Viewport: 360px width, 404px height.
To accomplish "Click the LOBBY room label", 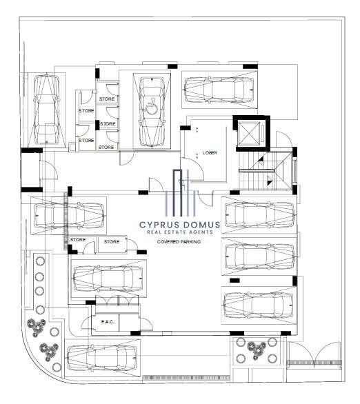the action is pyautogui.click(x=210, y=153).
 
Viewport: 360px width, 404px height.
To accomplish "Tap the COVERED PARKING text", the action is pyautogui.click(x=179, y=242).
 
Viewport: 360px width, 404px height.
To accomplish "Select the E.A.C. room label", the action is pyautogui.click(x=108, y=322).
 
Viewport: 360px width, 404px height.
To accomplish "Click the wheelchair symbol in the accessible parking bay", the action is pyautogui.click(x=152, y=107).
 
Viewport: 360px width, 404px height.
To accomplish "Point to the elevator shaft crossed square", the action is pyautogui.click(x=249, y=133).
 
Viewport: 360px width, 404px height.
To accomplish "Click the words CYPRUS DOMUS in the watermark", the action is pyautogui.click(x=180, y=225).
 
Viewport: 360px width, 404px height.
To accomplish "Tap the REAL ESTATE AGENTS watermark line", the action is pyautogui.click(x=180, y=232).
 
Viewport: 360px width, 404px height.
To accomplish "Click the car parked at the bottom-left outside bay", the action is pyautogui.click(x=101, y=358).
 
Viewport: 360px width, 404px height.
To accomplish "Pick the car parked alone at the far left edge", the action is pyautogui.click(x=47, y=109).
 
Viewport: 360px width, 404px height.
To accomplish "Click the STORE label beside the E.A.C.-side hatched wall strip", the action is pyautogui.click(x=78, y=240).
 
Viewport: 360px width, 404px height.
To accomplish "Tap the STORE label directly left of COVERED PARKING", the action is pyautogui.click(x=112, y=242).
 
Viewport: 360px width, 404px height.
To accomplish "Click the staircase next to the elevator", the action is pyautogui.click(x=266, y=170).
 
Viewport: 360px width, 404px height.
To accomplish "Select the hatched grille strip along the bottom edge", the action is pyautogui.click(x=186, y=378).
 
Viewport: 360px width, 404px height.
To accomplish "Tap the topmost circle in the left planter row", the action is pyautogui.click(x=40, y=261).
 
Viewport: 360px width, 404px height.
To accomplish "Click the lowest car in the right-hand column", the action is pyautogui.click(x=259, y=305).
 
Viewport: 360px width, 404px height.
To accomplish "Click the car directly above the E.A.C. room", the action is pyautogui.click(x=108, y=279).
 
